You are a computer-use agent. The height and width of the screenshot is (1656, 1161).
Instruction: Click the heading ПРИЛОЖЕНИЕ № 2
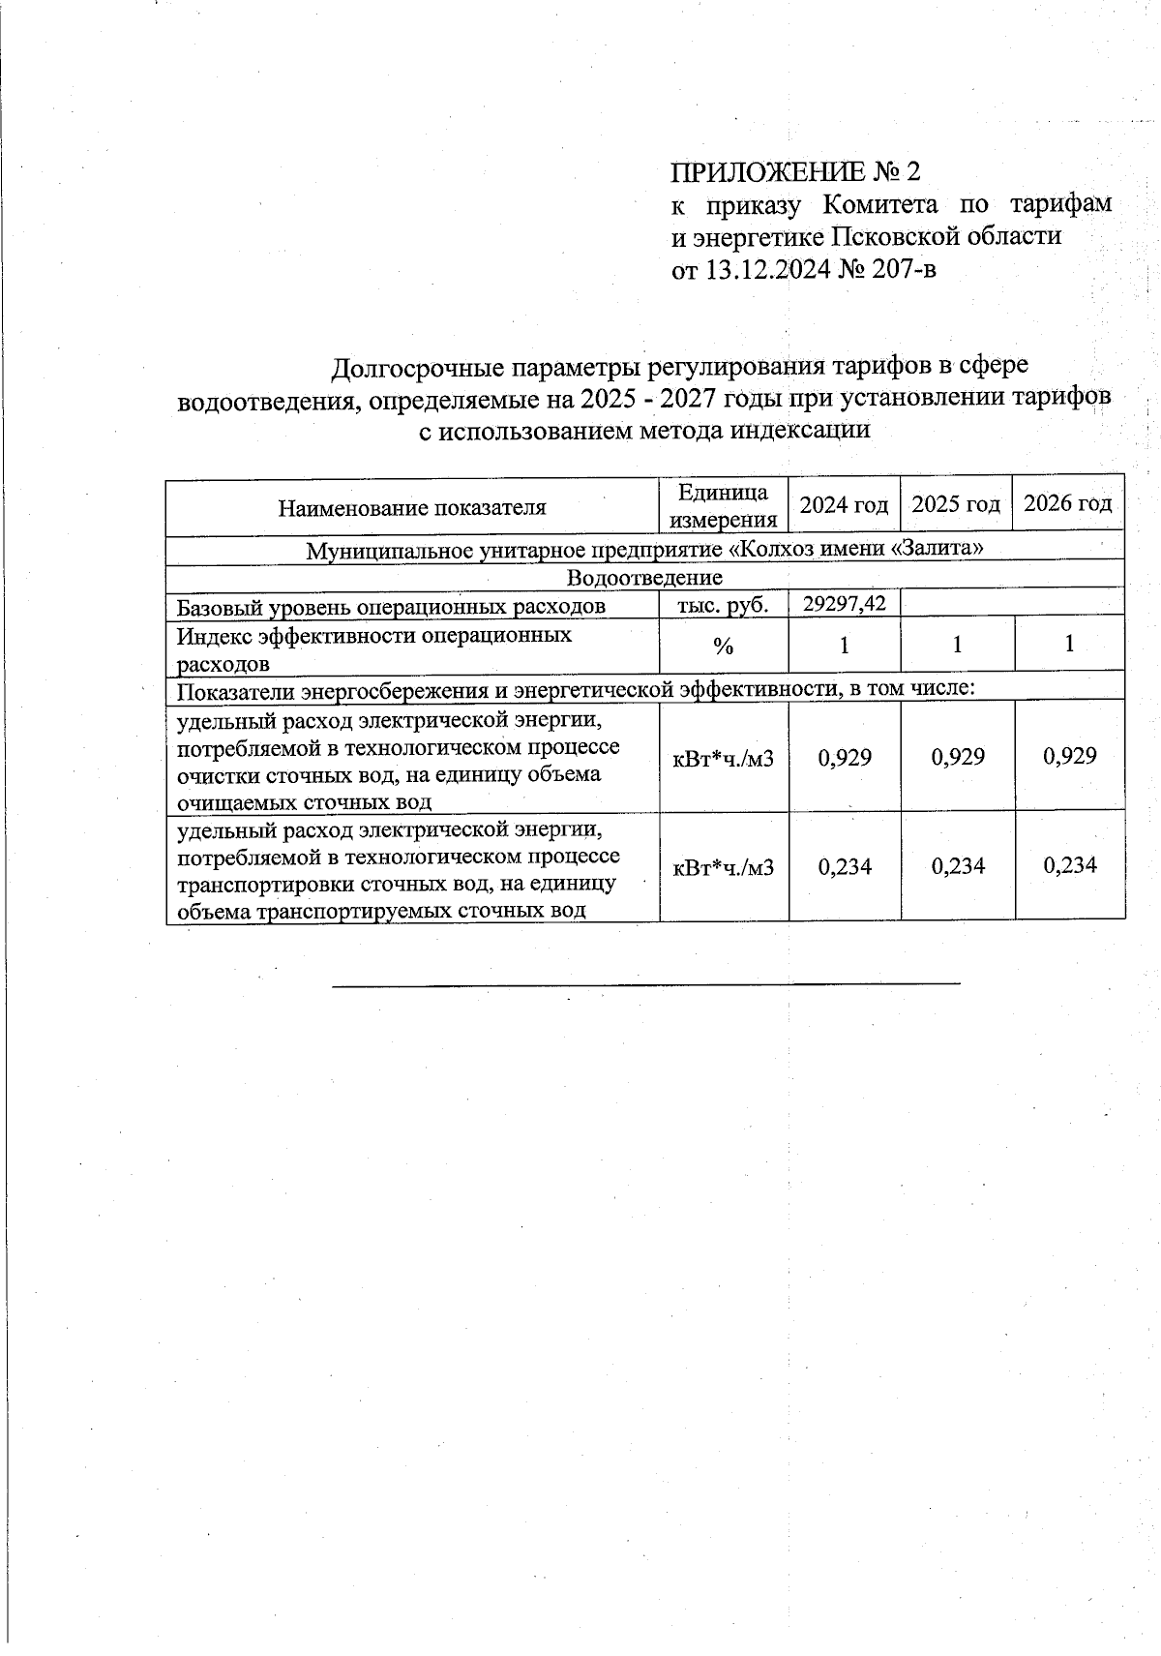point(795,172)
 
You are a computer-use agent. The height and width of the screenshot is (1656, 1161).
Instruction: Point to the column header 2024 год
point(844,504)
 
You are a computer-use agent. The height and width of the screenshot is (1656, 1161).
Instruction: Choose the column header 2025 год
point(956,504)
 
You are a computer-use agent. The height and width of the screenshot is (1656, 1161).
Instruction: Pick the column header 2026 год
point(1068,503)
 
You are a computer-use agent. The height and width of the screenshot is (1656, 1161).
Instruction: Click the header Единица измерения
point(724,506)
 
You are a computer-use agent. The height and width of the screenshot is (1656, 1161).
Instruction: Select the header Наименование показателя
point(412,507)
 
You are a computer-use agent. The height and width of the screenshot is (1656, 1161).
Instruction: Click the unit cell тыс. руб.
point(724,606)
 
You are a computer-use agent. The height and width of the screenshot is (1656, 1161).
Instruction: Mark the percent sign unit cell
point(724,647)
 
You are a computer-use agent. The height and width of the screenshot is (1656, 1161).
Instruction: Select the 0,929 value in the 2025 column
point(958,757)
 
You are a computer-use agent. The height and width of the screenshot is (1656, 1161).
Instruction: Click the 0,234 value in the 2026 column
point(1070,865)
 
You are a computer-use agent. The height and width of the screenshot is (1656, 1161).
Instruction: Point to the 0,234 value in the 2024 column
point(845,866)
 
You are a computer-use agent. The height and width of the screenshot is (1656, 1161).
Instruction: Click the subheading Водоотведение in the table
point(644,578)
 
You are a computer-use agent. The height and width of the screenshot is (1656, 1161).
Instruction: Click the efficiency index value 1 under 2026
point(1069,644)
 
